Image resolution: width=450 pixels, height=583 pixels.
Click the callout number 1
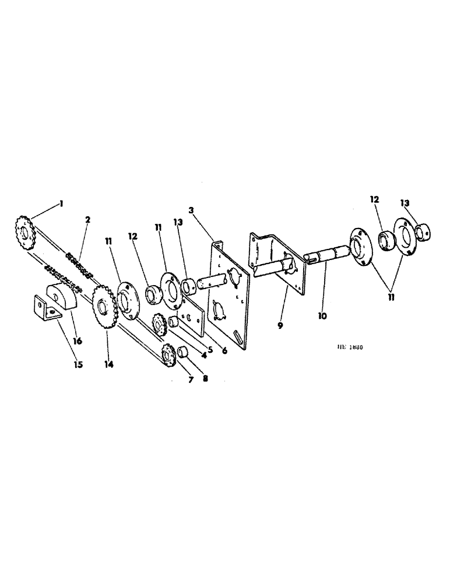coord(61,204)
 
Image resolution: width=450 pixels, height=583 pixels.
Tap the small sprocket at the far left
coord(23,233)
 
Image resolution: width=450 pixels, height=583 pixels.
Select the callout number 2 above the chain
coord(87,220)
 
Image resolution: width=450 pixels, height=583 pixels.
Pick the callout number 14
coord(109,364)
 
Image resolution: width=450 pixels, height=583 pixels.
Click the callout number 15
coord(78,365)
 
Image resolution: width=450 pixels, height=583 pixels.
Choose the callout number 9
coord(280,325)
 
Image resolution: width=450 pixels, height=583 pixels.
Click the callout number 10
coord(322,317)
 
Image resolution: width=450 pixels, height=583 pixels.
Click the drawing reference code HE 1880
coord(350,346)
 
